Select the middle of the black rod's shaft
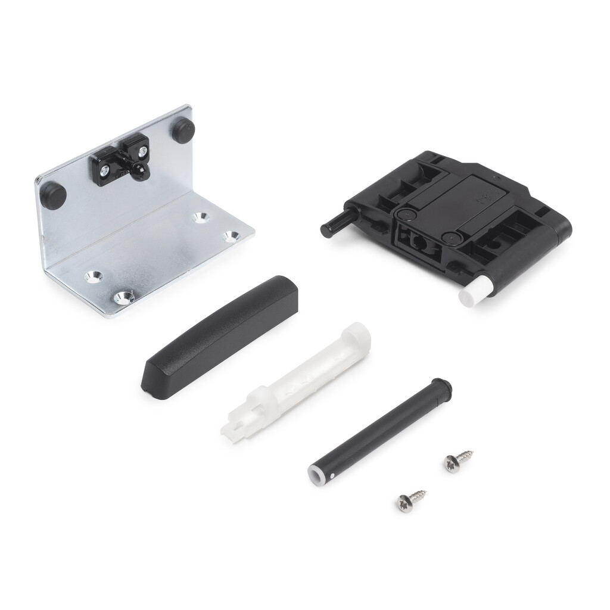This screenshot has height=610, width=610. [378, 430]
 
